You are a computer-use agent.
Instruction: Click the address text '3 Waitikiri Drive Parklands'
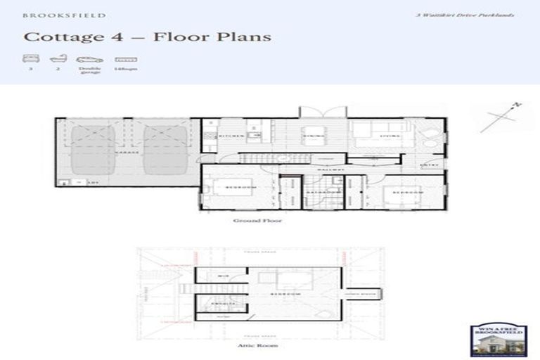[475, 15]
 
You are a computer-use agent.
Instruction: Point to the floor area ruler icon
[126, 60]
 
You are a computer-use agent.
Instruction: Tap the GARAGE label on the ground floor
[128, 152]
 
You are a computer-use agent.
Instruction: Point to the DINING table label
[312, 134]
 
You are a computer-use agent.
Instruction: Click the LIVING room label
[389, 135]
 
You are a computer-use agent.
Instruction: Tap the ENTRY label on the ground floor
[429, 165]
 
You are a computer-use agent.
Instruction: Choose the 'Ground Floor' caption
[252, 220]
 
